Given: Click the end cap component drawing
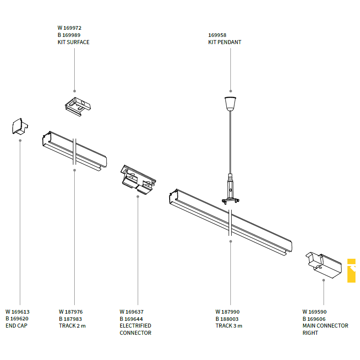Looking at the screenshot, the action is pyautogui.click(x=20, y=126).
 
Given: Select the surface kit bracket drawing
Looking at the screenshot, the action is pyautogui.click(x=78, y=107).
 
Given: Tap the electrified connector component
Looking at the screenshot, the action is pyautogui.click(x=138, y=180).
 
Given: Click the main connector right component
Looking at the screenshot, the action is pyautogui.click(x=324, y=265).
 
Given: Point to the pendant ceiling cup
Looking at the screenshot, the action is pyautogui.click(x=230, y=104).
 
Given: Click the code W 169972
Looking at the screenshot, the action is pyautogui.click(x=69, y=28).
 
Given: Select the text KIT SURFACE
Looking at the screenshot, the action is pyautogui.click(x=73, y=42).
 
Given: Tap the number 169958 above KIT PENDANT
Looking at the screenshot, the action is pyautogui.click(x=217, y=35).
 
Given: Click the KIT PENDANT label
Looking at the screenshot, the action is pyautogui.click(x=225, y=42).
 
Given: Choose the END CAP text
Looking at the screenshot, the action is pyautogui.click(x=17, y=325).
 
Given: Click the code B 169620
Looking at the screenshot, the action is pyautogui.click(x=17, y=319).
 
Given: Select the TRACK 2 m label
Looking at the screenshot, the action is pyautogui.click(x=72, y=325).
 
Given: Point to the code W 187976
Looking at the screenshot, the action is pyautogui.click(x=71, y=312).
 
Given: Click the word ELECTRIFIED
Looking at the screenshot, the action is pyautogui.click(x=135, y=325).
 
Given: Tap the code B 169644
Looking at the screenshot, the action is pyautogui.click(x=131, y=319).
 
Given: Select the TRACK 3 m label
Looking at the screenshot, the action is pyautogui.click(x=229, y=325).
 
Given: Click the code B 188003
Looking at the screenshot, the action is pyautogui.click(x=227, y=319).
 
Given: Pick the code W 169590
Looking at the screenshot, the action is pyautogui.click(x=315, y=312).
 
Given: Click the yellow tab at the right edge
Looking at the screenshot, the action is pyautogui.click(x=351, y=270).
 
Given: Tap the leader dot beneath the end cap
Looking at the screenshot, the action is pyautogui.click(x=20, y=140).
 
